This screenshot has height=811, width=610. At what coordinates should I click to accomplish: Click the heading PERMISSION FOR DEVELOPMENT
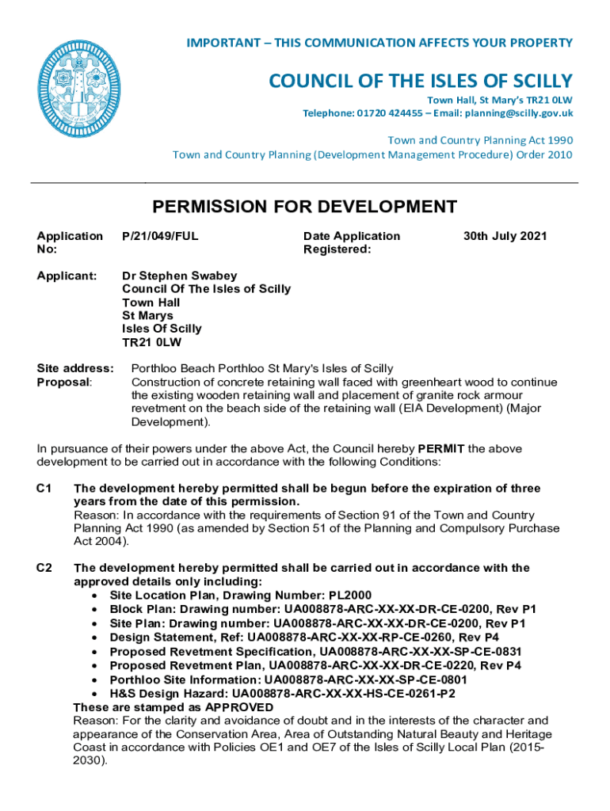click(304, 208)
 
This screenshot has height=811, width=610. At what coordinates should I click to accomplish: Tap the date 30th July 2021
click(505, 236)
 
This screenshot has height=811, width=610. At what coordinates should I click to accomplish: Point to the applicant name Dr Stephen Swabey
click(178, 276)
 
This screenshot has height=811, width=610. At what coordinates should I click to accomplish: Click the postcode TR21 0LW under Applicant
click(151, 341)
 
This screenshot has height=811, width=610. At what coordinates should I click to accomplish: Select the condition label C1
click(44, 489)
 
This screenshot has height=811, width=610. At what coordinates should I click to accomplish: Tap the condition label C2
click(44, 568)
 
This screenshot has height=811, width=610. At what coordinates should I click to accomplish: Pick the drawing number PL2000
click(345, 596)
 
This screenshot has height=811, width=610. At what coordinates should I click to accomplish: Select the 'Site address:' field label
click(76, 368)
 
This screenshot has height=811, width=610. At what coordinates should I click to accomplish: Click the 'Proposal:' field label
click(64, 382)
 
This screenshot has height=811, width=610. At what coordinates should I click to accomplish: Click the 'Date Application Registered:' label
click(352, 242)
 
